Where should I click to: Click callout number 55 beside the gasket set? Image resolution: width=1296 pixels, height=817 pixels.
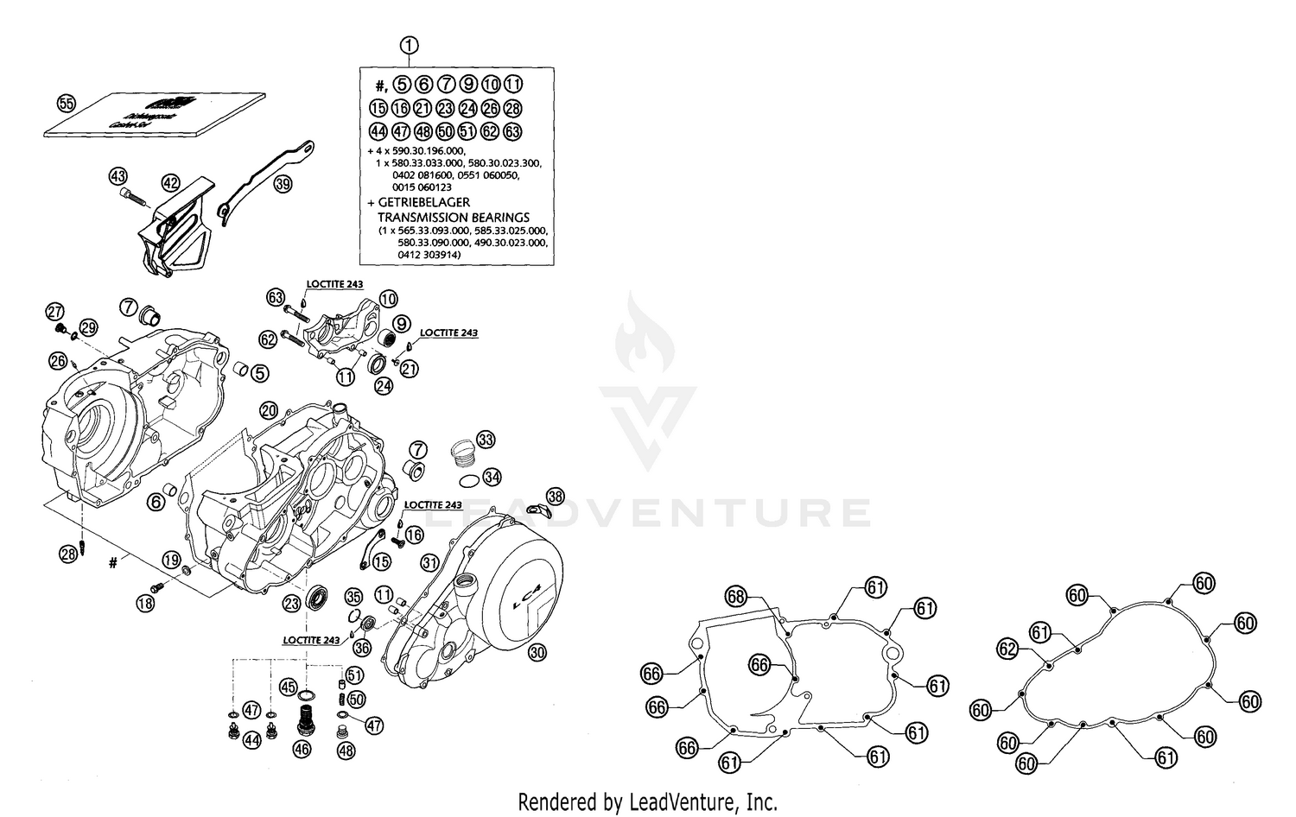[x=66, y=103]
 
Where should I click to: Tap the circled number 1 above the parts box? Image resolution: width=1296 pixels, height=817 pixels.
[x=410, y=46]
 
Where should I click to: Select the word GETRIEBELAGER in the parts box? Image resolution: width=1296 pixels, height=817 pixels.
[x=423, y=202]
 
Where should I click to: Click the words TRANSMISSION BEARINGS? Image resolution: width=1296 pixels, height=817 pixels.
[x=453, y=218]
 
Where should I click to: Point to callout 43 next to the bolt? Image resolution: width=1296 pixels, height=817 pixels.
[x=118, y=176]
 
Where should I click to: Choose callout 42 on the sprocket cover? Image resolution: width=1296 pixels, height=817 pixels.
[x=171, y=182]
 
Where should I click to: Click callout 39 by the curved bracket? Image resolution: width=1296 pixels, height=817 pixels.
[x=283, y=185]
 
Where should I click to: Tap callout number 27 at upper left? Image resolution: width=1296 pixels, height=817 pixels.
[x=55, y=311]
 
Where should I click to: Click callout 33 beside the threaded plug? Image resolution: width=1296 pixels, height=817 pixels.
[x=486, y=440]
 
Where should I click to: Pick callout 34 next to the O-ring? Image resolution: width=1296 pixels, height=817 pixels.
[x=492, y=477]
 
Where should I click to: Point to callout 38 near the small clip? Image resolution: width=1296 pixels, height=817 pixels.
[x=556, y=496]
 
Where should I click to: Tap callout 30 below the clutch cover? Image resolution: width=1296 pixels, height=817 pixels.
[x=537, y=653]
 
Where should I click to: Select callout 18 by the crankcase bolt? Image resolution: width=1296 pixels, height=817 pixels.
[x=146, y=604]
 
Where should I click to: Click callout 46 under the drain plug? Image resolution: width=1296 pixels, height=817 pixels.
[x=302, y=750]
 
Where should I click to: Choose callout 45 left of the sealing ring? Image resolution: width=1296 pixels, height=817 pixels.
[x=289, y=687]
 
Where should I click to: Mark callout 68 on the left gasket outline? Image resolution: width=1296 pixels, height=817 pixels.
[x=735, y=596]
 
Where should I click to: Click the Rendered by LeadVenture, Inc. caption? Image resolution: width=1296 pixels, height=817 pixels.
[x=647, y=801]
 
